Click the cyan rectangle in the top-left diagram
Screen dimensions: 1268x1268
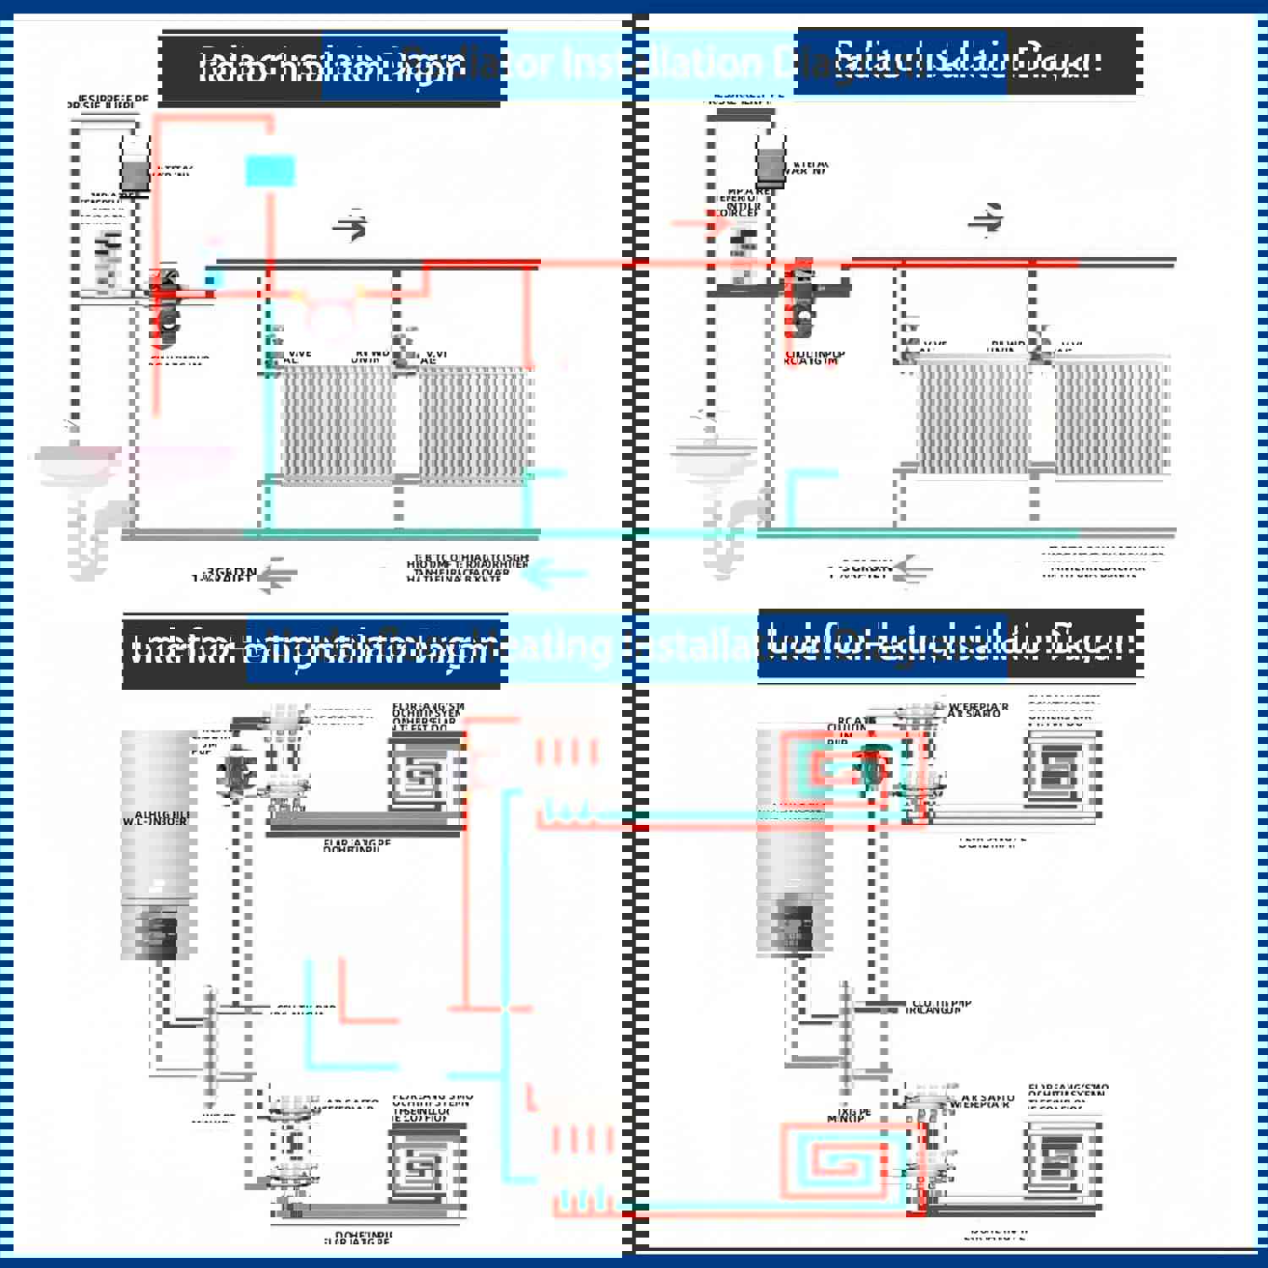pyautogui.click(x=270, y=171)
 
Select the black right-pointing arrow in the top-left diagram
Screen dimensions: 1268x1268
pyautogui.click(x=351, y=226)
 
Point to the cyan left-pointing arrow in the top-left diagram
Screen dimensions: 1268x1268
pyautogui.click(x=554, y=575)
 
